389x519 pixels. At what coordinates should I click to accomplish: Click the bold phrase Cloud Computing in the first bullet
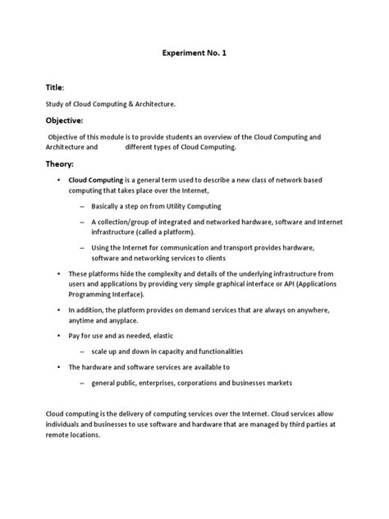(x=95, y=178)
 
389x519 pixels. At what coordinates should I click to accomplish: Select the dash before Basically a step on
(x=82, y=205)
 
